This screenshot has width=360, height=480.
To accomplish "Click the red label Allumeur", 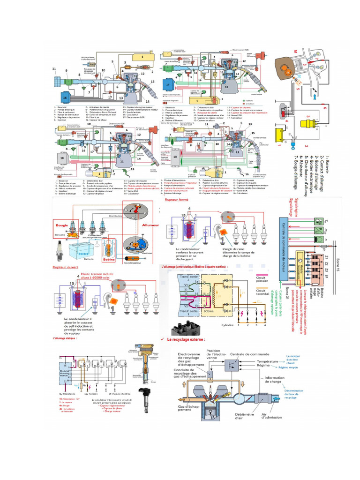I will coord(150,225).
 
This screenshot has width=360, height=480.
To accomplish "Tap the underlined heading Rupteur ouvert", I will coord(65,267).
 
